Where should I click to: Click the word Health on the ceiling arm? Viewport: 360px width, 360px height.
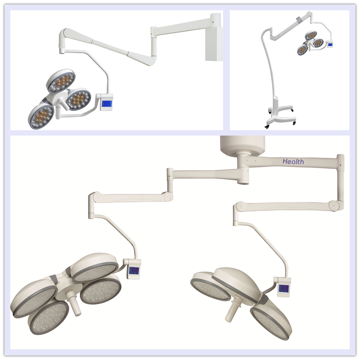coord(293,162)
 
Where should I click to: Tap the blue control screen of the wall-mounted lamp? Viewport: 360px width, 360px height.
coord(106,104)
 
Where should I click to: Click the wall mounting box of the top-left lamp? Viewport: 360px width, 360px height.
coord(214,44)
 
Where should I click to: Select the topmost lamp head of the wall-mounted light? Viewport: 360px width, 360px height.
coord(61,81)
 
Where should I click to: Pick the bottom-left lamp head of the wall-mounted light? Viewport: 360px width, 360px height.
coord(41,116)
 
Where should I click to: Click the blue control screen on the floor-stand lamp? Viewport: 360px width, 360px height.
coord(330,44)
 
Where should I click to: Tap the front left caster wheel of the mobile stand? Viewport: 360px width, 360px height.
coord(267,127)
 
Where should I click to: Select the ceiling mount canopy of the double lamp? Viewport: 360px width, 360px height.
coord(242,145)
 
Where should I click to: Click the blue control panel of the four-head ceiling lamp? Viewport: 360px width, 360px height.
coord(133,271)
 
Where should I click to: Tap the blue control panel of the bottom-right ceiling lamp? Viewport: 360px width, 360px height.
coord(283,288)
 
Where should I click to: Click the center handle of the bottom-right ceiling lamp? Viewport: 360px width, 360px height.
coord(233,309)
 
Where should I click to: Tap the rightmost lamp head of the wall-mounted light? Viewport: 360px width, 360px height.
coord(79,99)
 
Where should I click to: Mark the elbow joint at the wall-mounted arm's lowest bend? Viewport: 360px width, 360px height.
coord(150,61)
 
